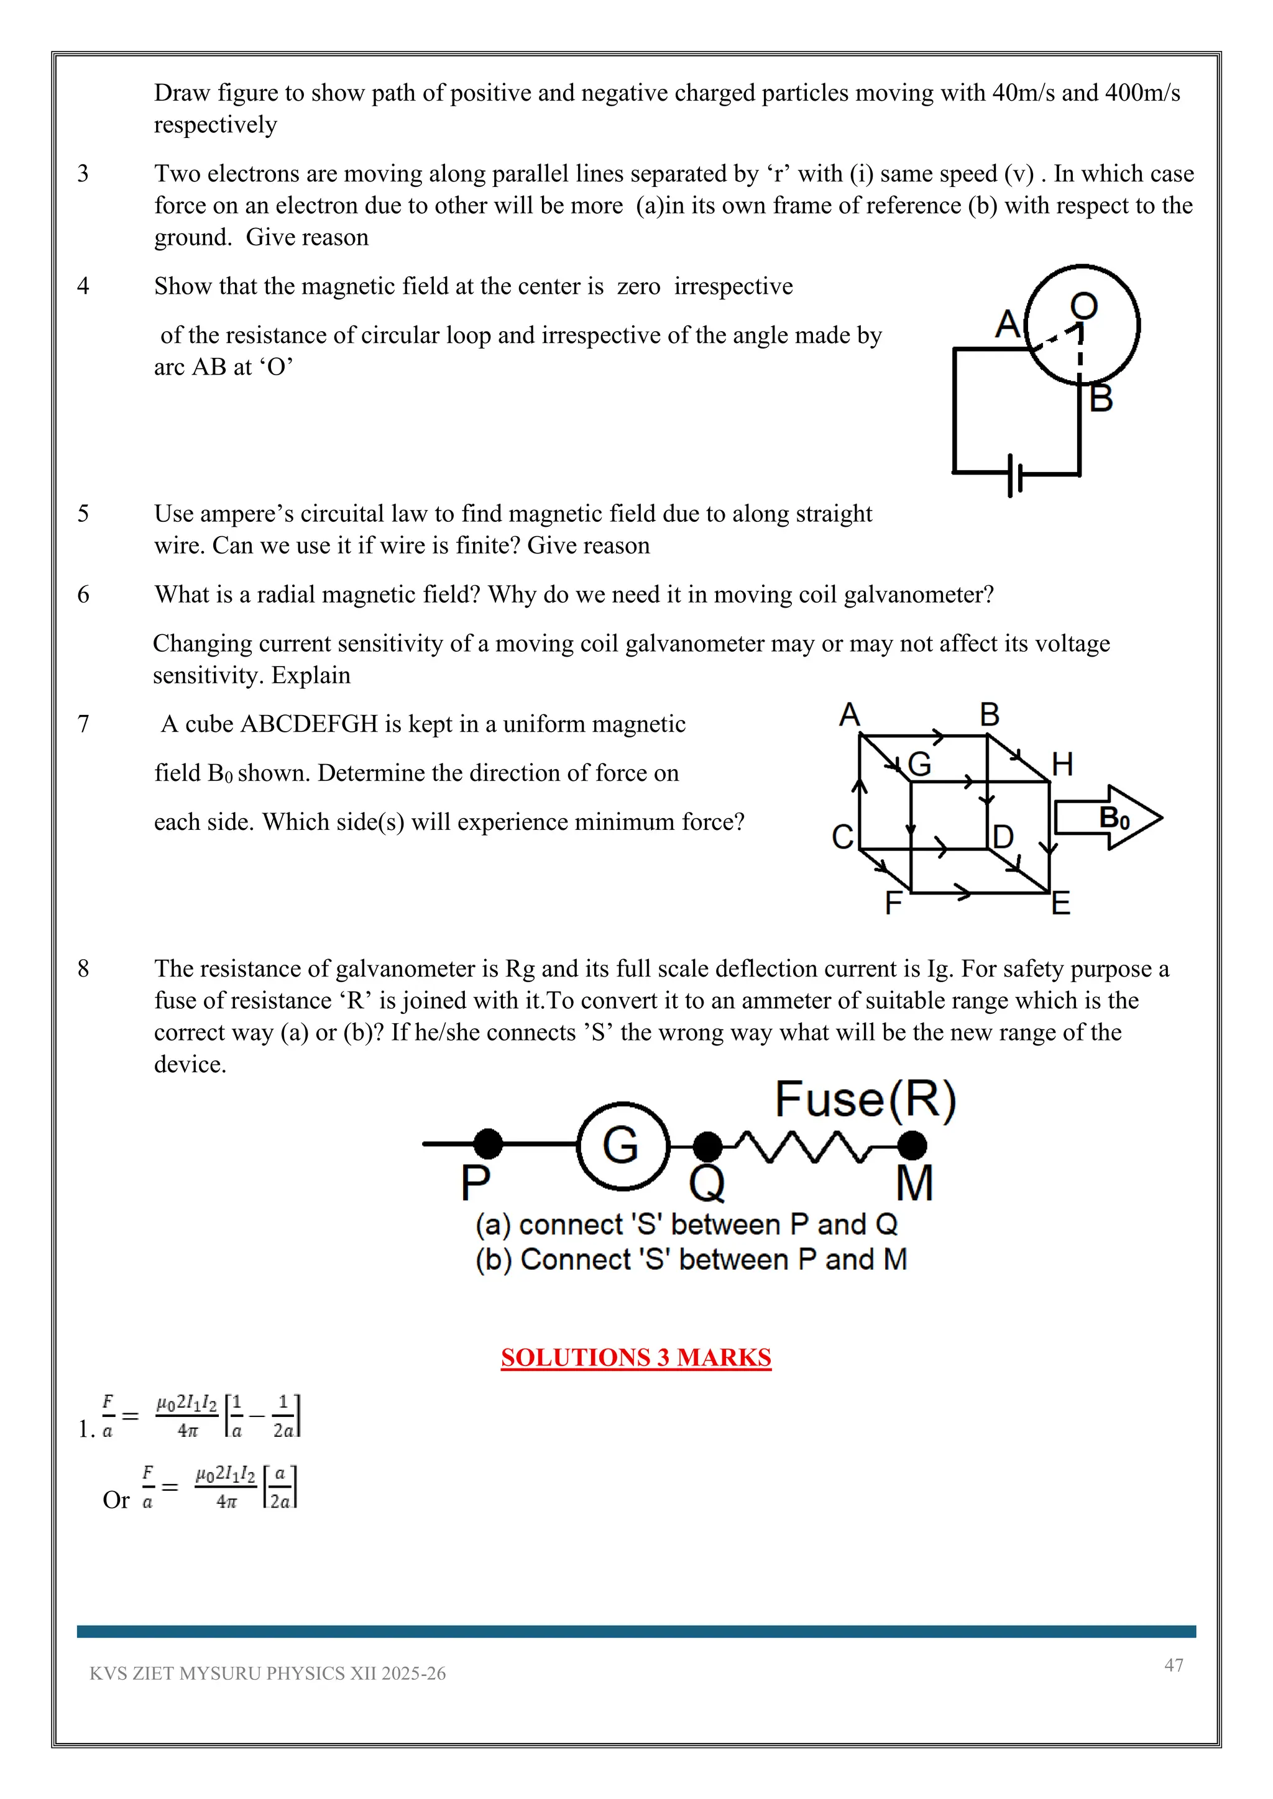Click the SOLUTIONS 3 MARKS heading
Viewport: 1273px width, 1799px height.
coord(636,1357)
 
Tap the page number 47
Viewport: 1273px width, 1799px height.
coord(1174,1664)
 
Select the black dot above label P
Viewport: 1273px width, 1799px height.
coord(489,1144)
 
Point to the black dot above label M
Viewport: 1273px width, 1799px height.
coord(912,1145)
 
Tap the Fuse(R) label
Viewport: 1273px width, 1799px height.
coord(865,1100)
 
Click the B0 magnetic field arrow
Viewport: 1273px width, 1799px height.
coord(1108,818)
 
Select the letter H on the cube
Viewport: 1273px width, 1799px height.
coord(1062,764)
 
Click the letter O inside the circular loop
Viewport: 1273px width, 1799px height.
coord(1084,306)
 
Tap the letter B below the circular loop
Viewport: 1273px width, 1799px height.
coord(1101,399)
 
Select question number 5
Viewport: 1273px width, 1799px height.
coord(83,514)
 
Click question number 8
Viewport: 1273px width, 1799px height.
coord(83,969)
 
